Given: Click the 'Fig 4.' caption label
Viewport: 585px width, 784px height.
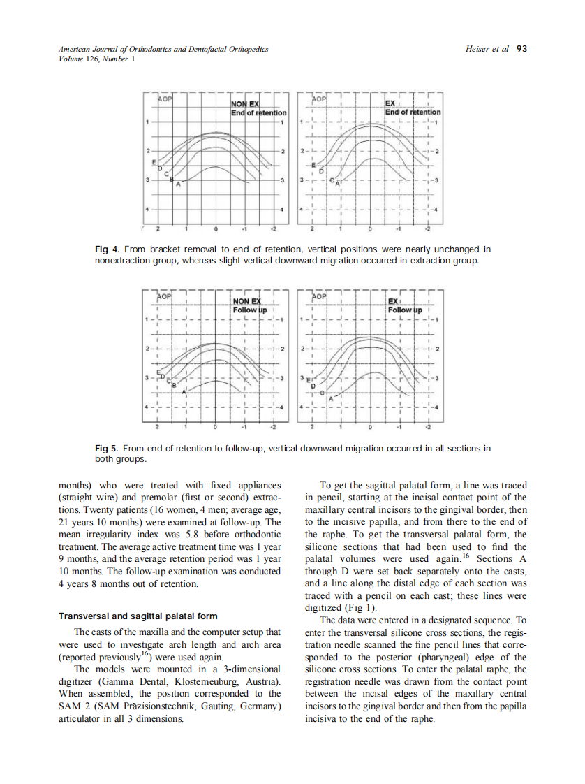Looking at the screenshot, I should [105, 249].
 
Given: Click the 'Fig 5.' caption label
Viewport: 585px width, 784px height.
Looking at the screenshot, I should [105, 448].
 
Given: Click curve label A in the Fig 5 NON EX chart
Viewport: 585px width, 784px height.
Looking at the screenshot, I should [184, 393].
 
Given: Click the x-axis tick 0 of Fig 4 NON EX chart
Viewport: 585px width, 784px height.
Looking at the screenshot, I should [216, 228].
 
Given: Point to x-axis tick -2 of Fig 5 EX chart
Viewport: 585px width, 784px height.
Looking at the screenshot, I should [429, 427].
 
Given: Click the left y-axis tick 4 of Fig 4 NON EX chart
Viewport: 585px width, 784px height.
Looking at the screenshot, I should [147, 210].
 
